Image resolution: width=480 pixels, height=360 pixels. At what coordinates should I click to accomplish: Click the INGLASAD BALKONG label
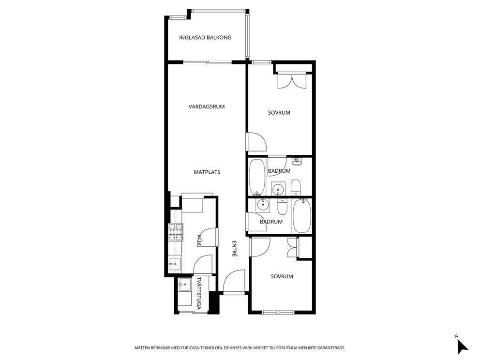pyautogui.click(x=205, y=38)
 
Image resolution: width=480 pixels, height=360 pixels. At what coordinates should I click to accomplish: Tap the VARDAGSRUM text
pyautogui.click(x=207, y=106)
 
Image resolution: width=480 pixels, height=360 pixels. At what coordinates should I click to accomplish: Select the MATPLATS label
pyautogui.click(x=207, y=172)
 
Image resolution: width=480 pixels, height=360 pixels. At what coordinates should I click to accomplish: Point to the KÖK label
pyautogui.click(x=199, y=240)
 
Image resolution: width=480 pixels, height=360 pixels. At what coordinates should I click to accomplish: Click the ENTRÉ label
pyautogui.click(x=235, y=248)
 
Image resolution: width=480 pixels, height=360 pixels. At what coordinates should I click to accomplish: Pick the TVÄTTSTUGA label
pyautogui.click(x=199, y=293)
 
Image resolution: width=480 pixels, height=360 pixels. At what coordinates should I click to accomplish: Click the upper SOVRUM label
pyautogui.click(x=279, y=113)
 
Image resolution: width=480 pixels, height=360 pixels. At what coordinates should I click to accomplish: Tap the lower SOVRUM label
pyautogui.click(x=282, y=276)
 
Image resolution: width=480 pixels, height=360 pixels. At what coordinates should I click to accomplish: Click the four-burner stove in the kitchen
pyautogui.click(x=176, y=232)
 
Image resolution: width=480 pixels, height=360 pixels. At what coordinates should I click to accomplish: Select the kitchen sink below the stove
pyautogui.click(x=175, y=263)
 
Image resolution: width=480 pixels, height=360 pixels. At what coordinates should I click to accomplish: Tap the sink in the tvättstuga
pyautogui.click(x=184, y=285)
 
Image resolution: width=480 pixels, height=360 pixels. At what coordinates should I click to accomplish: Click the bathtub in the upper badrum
pyautogui.click(x=257, y=177)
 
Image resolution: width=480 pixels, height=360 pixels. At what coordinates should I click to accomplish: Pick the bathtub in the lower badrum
pyautogui.click(x=302, y=216)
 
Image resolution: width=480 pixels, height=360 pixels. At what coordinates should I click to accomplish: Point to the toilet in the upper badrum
pyautogui.click(x=296, y=187)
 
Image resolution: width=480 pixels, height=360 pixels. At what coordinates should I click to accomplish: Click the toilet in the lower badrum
pyautogui.click(x=282, y=207)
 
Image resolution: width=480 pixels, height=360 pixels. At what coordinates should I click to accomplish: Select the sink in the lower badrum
pyautogui.click(x=263, y=205)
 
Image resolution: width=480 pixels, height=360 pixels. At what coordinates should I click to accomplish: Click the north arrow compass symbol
pyautogui.click(x=462, y=345)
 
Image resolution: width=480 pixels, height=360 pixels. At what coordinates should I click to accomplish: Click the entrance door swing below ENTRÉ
pyautogui.click(x=234, y=282)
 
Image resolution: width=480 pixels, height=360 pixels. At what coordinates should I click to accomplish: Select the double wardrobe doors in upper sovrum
pyautogui.click(x=292, y=81)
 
